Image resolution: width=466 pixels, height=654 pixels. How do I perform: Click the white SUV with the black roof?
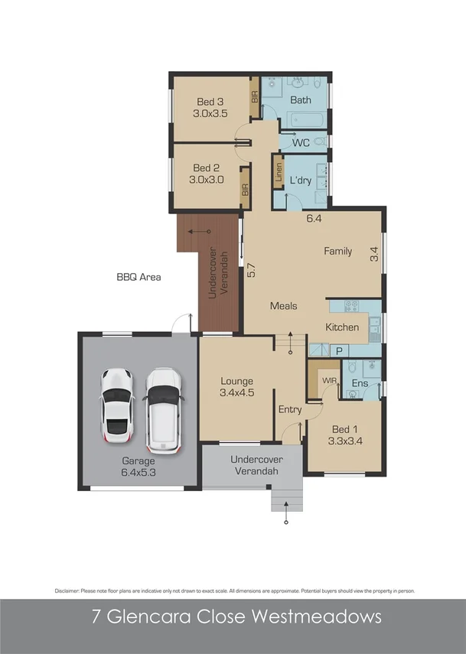tap(163, 409)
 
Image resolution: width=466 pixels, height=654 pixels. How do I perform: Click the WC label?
tap(300, 142)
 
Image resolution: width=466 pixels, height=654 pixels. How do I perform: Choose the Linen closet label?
tap(278, 172)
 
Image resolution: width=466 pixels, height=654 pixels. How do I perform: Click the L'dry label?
tap(301, 181)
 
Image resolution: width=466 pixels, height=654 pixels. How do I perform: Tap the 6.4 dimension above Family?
tap(312, 218)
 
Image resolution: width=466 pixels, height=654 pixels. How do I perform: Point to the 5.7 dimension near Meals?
tap(251, 270)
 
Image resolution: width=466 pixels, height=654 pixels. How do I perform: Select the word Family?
tap(337, 251)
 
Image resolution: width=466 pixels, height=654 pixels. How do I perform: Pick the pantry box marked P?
tap(337, 350)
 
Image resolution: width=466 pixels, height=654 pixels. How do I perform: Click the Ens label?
tap(360, 383)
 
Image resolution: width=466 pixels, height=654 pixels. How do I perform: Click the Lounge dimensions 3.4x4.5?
tap(237, 394)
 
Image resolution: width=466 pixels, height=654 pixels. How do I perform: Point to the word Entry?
tap(289, 410)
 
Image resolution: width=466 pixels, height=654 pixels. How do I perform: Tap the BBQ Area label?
tap(138, 278)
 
